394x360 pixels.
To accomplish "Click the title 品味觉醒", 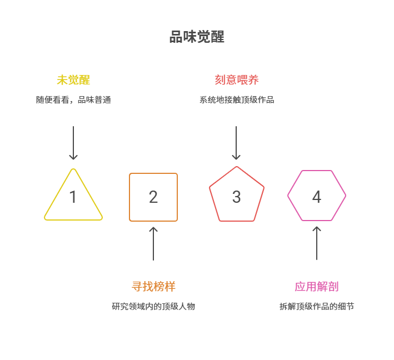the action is click(x=197, y=37).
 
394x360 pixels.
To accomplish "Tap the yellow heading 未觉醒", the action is click(x=73, y=79).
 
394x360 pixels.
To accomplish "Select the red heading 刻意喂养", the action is click(x=237, y=79).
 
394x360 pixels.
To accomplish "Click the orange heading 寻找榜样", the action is click(x=153, y=287).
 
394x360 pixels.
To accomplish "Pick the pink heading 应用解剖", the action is click(x=317, y=287).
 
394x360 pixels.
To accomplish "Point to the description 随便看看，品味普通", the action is click(x=73, y=100).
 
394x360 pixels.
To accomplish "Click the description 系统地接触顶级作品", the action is click(x=237, y=100).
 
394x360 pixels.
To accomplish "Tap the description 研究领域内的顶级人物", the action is click(x=153, y=306).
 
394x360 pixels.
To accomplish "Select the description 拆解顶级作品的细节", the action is click(x=317, y=306).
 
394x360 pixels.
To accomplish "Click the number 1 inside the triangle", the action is click(x=73, y=197).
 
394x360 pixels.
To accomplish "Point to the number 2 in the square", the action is click(x=153, y=197).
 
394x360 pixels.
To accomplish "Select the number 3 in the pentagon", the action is click(x=237, y=197).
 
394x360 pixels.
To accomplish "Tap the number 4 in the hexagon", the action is click(x=317, y=197).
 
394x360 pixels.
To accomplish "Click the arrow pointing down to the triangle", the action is click(x=73, y=143).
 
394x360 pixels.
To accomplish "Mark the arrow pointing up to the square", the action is click(x=153, y=243).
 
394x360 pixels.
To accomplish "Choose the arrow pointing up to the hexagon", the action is click(x=317, y=243).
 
